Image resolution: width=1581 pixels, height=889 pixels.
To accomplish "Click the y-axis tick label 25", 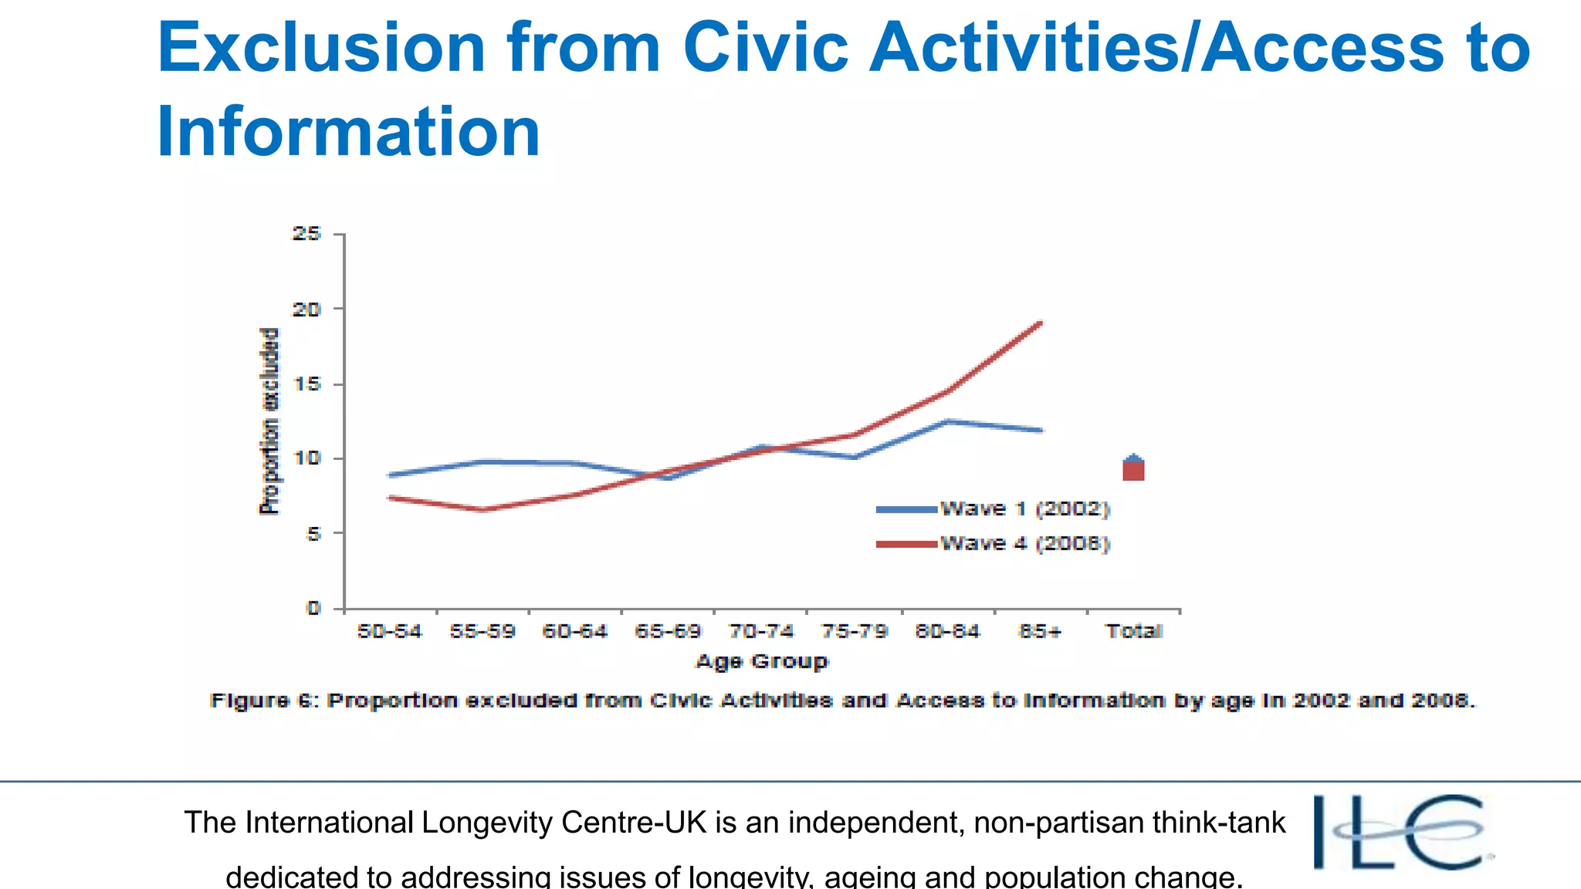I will [x=306, y=234].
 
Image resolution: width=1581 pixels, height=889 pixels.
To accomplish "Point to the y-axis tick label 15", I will [x=306, y=384].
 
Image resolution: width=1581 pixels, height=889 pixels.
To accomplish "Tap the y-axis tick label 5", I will [x=313, y=533].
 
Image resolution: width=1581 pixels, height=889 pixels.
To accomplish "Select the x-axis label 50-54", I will [x=390, y=631].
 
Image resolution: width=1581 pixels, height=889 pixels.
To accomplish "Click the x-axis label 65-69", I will [x=668, y=631].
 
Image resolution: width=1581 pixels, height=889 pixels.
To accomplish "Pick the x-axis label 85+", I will [x=1040, y=631].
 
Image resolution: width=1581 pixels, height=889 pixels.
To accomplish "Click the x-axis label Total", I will [x=1134, y=631].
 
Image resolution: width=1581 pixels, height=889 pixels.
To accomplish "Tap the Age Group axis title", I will [x=761, y=661].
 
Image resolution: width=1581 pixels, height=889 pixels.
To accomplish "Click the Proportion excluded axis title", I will [x=269, y=421].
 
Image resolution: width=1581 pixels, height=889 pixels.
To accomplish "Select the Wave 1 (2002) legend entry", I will [x=994, y=509].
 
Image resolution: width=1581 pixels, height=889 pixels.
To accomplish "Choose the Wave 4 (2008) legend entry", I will [x=994, y=544].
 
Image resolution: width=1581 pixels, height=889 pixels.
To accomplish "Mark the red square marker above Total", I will [x=1133, y=472].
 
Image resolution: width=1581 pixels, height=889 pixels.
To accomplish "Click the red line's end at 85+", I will [x=1041, y=323].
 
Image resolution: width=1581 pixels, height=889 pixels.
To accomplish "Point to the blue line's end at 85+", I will [x=1041, y=431].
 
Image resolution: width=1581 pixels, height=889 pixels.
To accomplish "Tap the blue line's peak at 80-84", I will [x=947, y=421].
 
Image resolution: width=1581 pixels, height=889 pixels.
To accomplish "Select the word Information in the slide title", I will [x=348, y=131].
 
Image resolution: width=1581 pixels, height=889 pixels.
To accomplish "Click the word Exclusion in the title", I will [x=320, y=48].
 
